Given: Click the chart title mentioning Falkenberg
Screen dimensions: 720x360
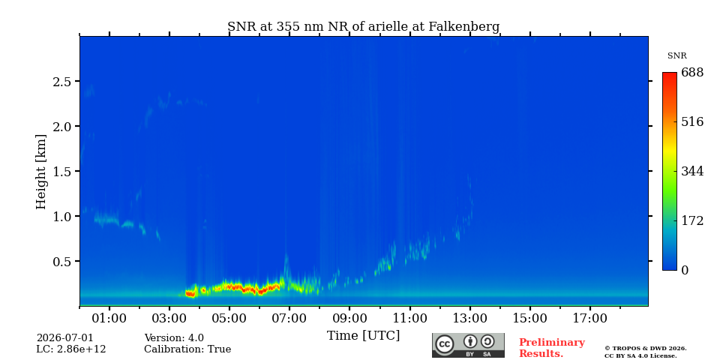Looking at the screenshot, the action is click(363, 27).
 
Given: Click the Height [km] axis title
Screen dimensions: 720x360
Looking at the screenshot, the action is click(41, 172).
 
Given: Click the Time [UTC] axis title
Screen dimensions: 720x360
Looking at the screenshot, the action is click(363, 336).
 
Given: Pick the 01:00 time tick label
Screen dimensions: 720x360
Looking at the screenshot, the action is click(109, 318).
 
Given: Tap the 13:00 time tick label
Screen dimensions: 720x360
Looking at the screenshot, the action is click(469, 318).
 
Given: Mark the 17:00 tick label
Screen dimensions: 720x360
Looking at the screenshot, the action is click(590, 318).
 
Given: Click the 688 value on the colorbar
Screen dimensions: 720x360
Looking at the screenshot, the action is click(692, 73).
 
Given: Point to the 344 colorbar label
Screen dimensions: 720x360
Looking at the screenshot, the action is click(692, 172).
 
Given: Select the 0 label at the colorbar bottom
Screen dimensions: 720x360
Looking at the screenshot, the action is click(685, 271).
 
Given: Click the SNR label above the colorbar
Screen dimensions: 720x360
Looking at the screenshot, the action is click(676, 56).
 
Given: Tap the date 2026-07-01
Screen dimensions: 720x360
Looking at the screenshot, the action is click(64, 338).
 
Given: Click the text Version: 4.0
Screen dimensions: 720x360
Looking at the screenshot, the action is click(174, 338).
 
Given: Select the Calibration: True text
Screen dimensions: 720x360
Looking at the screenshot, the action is click(187, 349).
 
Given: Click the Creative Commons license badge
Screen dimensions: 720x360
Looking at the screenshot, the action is click(468, 345).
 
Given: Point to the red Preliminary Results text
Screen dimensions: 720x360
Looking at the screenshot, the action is click(552, 348).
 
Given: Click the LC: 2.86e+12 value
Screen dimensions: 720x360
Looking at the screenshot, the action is click(71, 349).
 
